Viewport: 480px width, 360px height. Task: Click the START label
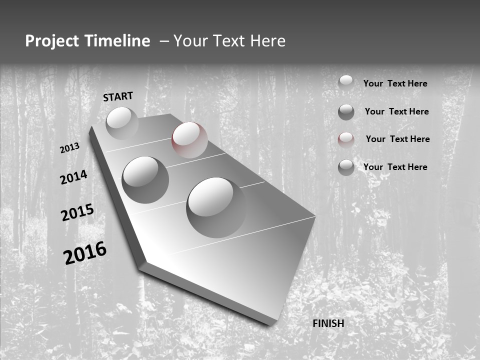[x=118, y=96]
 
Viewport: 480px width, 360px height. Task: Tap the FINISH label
[x=328, y=323]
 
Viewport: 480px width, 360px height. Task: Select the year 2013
[x=69, y=148]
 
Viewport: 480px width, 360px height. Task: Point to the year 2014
[x=73, y=177]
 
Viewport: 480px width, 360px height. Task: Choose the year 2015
[x=77, y=213]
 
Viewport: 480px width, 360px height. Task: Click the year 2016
[x=85, y=253]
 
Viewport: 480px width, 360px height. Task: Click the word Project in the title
[x=52, y=41]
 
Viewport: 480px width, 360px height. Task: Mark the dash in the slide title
[x=163, y=41]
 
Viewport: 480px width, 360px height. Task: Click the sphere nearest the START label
[x=122, y=123]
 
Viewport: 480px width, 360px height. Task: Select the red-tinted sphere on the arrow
[x=189, y=139]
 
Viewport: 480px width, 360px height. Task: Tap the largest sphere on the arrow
[x=216, y=207]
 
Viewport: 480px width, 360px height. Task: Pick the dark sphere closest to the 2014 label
[x=145, y=179]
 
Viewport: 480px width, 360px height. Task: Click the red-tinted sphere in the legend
[x=346, y=139]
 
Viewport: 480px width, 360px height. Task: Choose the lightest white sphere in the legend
[x=346, y=81]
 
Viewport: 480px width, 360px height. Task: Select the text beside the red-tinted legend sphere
[x=397, y=139]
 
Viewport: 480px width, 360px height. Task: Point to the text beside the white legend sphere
[x=395, y=83]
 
